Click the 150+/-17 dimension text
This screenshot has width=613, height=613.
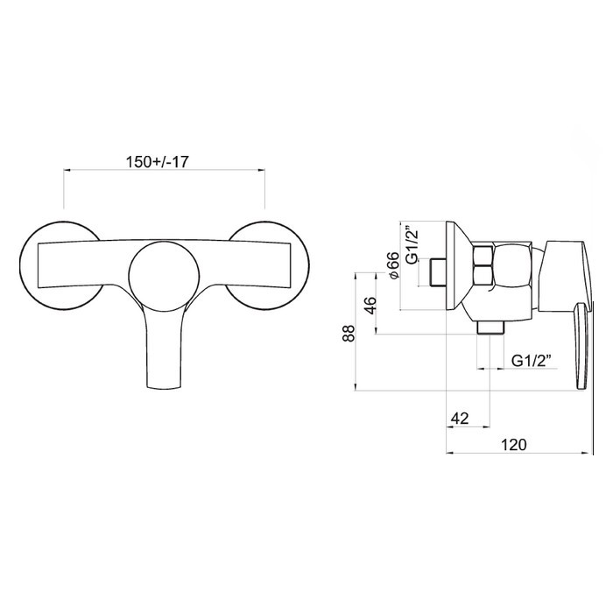click(157, 162)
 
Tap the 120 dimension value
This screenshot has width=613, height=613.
click(514, 445)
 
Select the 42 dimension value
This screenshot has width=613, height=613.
click(460, 419)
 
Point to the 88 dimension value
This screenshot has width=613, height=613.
click(349, 333)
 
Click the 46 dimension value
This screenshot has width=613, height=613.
click(370, 306)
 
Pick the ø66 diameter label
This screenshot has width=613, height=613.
click(393, 265)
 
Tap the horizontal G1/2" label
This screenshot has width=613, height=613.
click(532, 361)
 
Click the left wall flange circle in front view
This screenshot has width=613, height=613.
click(21, 266)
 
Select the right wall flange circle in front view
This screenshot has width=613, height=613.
click(308, 266)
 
